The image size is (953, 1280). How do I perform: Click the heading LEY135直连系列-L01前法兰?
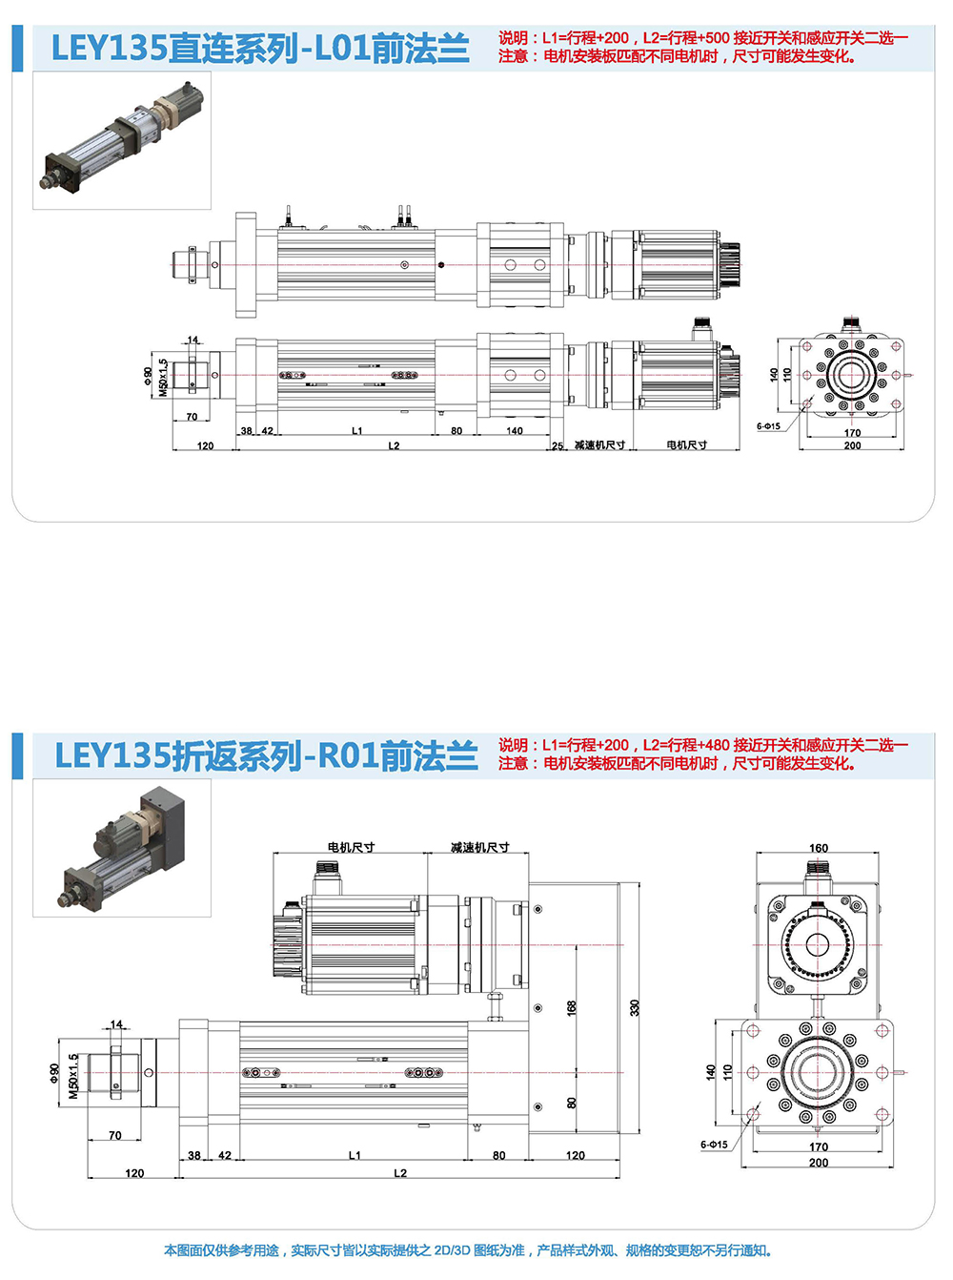tap(259, 49)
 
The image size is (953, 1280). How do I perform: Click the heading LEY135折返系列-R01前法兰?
tap(266, 756)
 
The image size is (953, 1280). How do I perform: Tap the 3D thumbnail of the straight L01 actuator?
tap(122, 140)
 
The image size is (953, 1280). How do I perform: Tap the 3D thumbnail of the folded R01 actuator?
tap(122, 847)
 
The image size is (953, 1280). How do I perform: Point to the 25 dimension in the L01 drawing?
tap(558, 445)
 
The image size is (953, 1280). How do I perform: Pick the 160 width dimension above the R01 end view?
tap(819, 848)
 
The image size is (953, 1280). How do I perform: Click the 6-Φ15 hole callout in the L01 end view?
tap(768, 426)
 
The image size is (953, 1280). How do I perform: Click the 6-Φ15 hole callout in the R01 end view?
tap(714, 1145)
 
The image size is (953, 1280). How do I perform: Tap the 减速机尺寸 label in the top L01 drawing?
tap(599, 445)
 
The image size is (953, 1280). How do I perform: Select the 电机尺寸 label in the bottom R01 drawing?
tap(351, 847)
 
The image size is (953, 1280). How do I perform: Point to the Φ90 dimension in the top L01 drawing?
tap(148, 376)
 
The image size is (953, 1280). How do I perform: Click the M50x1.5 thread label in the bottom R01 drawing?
tap(74, 1076)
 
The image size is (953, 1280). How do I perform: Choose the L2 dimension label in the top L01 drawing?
tap(394, 445)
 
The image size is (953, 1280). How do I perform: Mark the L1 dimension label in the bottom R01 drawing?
tap(355, 1155)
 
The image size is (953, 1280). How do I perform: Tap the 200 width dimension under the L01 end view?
tap(852, 445)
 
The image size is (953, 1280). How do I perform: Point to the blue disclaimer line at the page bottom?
tap(467, 1250)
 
